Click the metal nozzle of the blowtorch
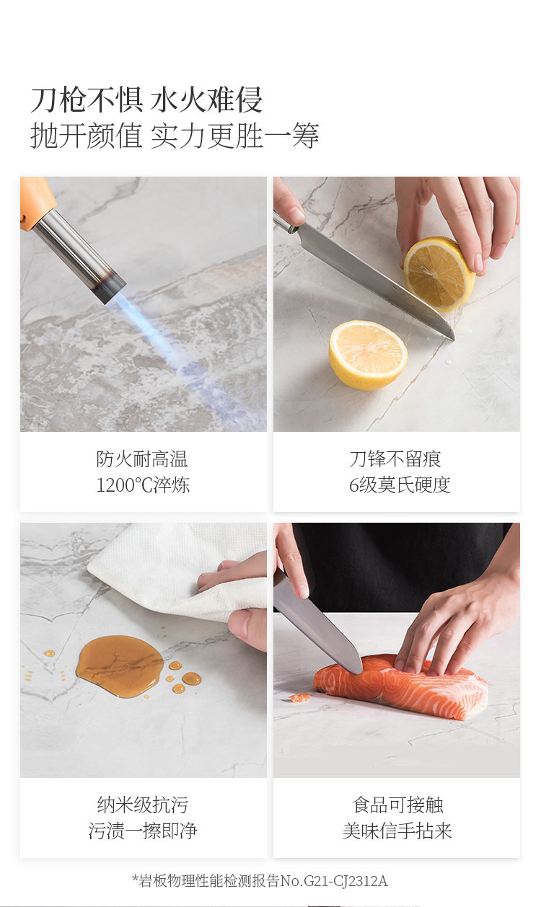point(80,259)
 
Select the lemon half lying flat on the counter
point(368,355)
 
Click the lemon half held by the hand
point(439,274)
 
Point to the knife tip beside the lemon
point(452,337)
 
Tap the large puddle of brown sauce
point(120,666)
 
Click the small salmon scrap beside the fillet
point(299,697)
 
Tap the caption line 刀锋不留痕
point(395,459)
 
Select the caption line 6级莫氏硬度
point(400,485)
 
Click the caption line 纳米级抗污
point(143,805)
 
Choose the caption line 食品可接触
point(397,805)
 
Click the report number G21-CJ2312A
point(346,880)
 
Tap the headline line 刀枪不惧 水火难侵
point(146,100)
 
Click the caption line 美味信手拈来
point(397,831)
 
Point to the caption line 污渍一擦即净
point(143,831)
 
